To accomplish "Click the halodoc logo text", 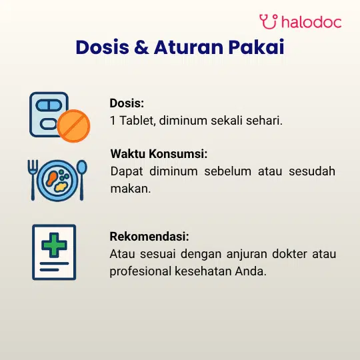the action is pyautogui.click(x=311, y=21).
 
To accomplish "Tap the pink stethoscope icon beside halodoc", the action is pyautogui.click(x=269, y=21).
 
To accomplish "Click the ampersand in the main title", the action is pyautogui.click(x=141, y=47).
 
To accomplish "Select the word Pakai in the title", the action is pyautogui.click(x=256, y=47).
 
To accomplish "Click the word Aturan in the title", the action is pyautogui.click(x=189, y=47).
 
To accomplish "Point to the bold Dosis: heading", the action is pyautogui.click(x=127, y=103).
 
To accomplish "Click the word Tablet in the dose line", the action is pyautogui.click(x=138, y=120).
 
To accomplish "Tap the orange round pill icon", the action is pyautogui.click(x=73, y=126).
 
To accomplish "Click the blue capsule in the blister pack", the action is pyautogui.click(x=49, y=105).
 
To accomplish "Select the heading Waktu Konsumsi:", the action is pyautogui.click(x=159, y=153).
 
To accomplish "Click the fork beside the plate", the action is pyautogui.click(x=33, y=180).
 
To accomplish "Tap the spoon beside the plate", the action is pyautogui.click(x=81, y=180).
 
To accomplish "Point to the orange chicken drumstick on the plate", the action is pyautogui.click(x=52, y=178).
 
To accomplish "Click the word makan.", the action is pyautogui.click(x=131, y=189).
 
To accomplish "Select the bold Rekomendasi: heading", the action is pyautogui.click(x=149, y=236).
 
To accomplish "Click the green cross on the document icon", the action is pyautogui.click(x=54, y=245).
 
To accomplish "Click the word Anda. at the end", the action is pyautogui.click(x=251, y=271).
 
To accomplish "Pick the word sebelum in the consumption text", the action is pyautogui.click(x=228, y=171).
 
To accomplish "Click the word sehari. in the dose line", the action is pyautogui.click(x=264, y=120).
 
